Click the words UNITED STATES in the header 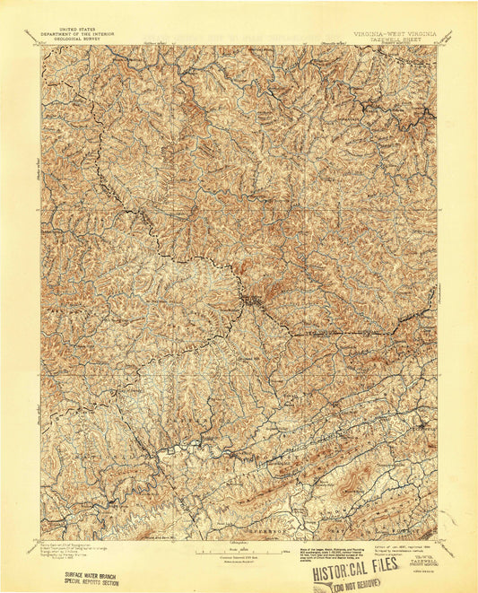(75, 29)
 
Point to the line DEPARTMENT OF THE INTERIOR (75, 34)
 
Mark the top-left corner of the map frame (40, 47)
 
